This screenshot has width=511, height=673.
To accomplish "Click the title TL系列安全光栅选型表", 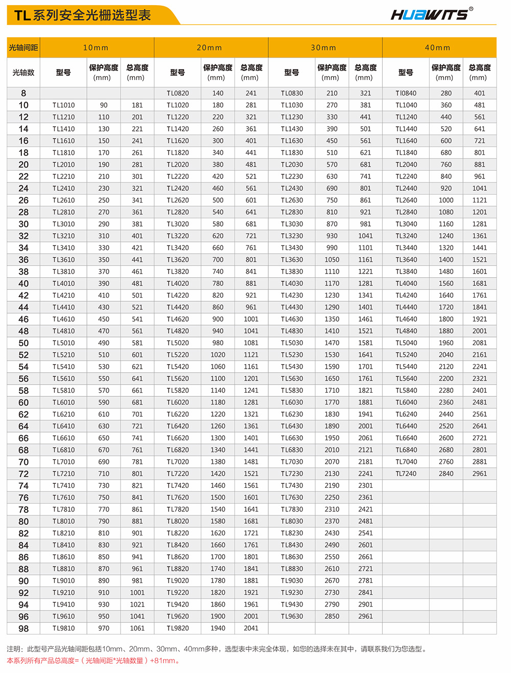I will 83,15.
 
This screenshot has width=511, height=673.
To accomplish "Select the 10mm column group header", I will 96,48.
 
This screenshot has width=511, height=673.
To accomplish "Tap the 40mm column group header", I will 438,48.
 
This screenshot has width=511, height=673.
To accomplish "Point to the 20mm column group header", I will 210,48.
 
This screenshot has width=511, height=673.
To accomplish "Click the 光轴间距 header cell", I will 24,48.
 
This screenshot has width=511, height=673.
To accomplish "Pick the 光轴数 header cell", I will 24,73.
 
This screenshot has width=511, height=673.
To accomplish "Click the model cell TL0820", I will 178,93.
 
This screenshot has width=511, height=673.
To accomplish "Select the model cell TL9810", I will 63,628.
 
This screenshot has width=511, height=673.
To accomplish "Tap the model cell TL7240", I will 406,474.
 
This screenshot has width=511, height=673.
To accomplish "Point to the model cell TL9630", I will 292,616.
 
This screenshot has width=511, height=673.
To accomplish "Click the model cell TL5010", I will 63,343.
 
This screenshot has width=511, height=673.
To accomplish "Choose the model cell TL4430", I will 292,307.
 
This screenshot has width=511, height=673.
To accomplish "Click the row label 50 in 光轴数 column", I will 24,343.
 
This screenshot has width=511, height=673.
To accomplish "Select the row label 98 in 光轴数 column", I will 24,629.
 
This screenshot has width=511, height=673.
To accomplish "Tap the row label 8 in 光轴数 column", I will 24,93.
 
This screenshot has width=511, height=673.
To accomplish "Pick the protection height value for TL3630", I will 332,260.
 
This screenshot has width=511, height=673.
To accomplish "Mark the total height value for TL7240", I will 479,474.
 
